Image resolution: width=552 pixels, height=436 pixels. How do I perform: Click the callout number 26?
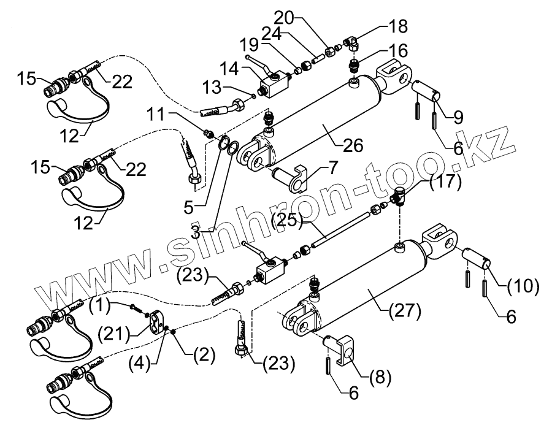354,145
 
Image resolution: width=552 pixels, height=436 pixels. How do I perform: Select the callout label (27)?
405,311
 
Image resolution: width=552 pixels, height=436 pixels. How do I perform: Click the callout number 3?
195,231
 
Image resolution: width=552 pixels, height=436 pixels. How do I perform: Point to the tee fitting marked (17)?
399,197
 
